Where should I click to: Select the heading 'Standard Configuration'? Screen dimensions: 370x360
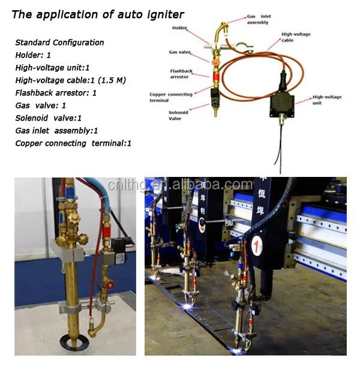coord(59,43)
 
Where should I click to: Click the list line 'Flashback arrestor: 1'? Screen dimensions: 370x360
coord(56,93)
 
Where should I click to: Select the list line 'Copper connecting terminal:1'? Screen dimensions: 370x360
coord(73,143)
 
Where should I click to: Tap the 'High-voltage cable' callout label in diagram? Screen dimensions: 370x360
coord(296,38)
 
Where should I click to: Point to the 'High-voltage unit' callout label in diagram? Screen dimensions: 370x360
coord(328,98)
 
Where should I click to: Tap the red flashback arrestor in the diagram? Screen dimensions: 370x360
coord(212,77)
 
